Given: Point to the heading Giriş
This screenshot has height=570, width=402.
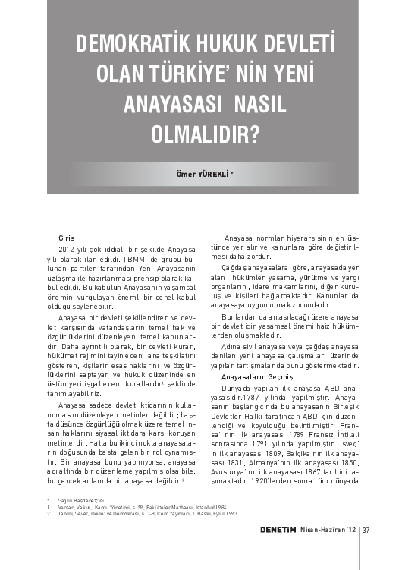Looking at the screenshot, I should pos(67,239).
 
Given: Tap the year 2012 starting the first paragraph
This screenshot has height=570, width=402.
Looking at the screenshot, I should pos(67,249).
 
